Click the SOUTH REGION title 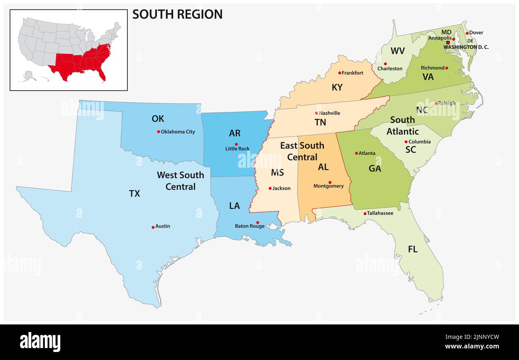click(177, 14)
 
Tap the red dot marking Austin click(153, 227)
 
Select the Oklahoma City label click(178, 132)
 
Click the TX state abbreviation click(135, 194)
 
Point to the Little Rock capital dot click(236, 144)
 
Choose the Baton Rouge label click(250, 226)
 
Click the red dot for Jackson click(270, 188)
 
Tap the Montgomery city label click(328, 186)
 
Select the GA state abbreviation click(374, 169)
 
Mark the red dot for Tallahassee click(365, 214)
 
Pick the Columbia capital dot click(406, 142)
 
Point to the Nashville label click(329, 113)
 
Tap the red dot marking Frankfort click(340, 73)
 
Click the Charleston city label click(390, 69)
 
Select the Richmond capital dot click(446, 68)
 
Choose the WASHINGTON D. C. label click(466, 47)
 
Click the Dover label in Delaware click(476, 33)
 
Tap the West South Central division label click(180, 181)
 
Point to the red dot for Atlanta click(357, 153)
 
